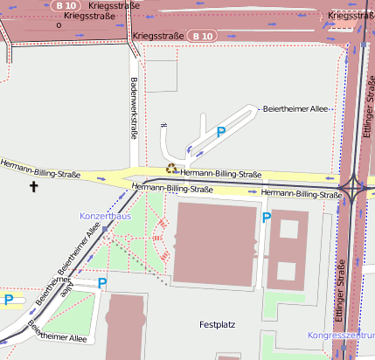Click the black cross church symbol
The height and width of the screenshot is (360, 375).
[35, 186]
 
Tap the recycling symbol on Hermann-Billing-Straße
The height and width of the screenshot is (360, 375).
[172, 170]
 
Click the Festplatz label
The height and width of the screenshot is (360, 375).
[218, 324]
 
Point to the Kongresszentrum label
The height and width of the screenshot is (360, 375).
[341, 336]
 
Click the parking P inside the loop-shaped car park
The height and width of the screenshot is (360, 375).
[221, 132]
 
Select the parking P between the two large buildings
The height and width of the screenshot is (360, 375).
[266, 217]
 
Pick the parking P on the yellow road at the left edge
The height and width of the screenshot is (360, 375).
[9, 300]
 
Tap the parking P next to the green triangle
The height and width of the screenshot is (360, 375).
[102, 282]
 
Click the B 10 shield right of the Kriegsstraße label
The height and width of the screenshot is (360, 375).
[202, 36]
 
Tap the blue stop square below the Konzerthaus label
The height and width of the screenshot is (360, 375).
[104, 229]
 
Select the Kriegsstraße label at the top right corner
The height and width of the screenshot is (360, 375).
[351, 16]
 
